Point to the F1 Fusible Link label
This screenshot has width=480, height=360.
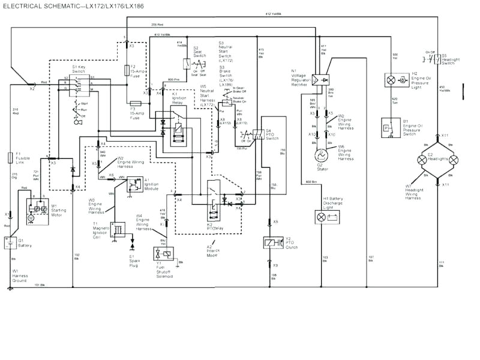23,158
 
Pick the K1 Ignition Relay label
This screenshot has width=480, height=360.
179,97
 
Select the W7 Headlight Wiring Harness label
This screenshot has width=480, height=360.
414,192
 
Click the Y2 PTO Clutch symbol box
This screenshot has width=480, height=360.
274,243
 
